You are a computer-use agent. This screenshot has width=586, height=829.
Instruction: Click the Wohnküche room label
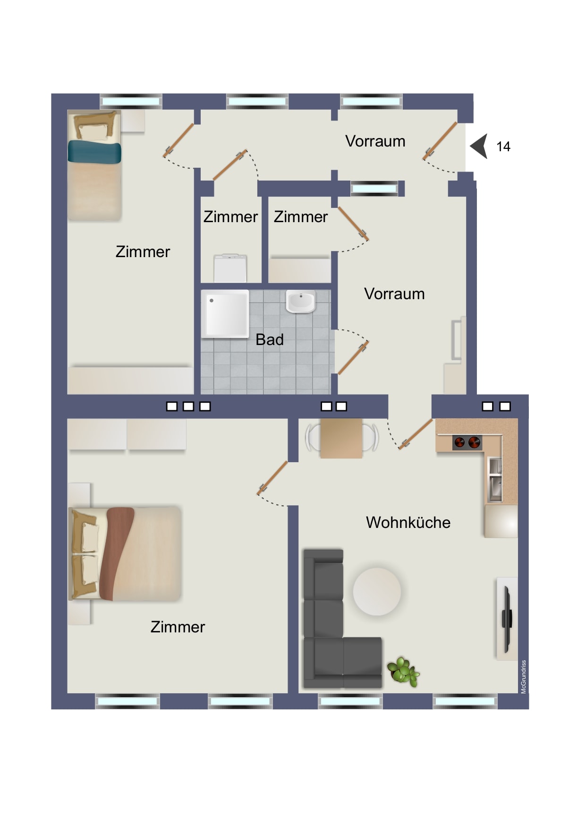click(408, 522)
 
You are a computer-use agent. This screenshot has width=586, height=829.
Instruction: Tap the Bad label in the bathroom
click(270, 339)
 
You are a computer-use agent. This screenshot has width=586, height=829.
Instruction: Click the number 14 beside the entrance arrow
click(503, 147)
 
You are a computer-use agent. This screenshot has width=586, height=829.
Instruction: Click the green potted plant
click(403, 671)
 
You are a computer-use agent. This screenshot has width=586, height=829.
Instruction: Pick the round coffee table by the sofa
click(377, 591)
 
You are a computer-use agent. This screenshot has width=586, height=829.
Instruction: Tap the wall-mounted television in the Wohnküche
click(507, 618)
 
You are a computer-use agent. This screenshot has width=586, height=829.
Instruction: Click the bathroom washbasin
click(301, 302)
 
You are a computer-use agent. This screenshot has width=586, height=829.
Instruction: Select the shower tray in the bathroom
click(225, 314)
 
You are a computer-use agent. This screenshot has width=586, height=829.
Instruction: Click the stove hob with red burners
click(467, 442)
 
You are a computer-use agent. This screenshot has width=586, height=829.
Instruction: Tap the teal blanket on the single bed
click(94, 152)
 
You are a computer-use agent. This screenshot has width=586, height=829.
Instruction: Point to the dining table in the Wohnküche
click(341, 438)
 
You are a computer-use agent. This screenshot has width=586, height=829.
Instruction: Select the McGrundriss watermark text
click(523, 676)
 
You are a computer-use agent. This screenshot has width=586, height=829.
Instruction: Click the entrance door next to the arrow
click(440, 140)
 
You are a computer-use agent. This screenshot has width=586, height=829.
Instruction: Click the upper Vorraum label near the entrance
click(375, 141)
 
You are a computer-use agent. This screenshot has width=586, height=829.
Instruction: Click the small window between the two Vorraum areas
click(374, 189)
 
